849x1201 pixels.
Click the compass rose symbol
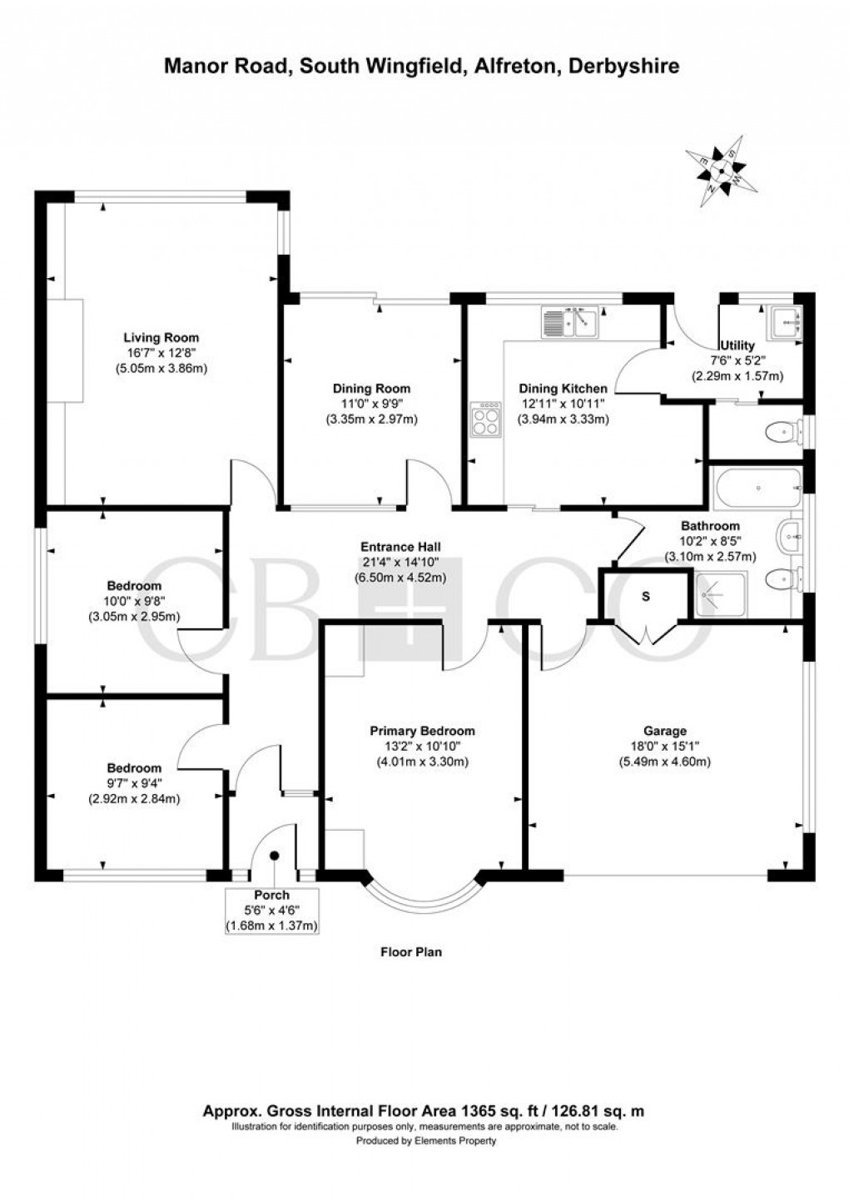pos(721,172)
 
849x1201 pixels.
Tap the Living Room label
pos(161,337)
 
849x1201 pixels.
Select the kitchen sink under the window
pos(569,321)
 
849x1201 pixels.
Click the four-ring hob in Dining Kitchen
pos(486,419)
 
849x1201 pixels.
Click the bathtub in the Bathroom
pos(757,487)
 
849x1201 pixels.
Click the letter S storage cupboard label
pos(646,596)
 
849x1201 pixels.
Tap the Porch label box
pos(272,911)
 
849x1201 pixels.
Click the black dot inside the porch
pos(274,854)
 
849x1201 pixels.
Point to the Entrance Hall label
pos(400,547)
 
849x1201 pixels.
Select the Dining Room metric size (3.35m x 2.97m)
pos(371,419)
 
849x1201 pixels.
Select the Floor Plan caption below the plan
pos(411,952)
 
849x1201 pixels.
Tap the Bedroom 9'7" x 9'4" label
pos(134,768)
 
